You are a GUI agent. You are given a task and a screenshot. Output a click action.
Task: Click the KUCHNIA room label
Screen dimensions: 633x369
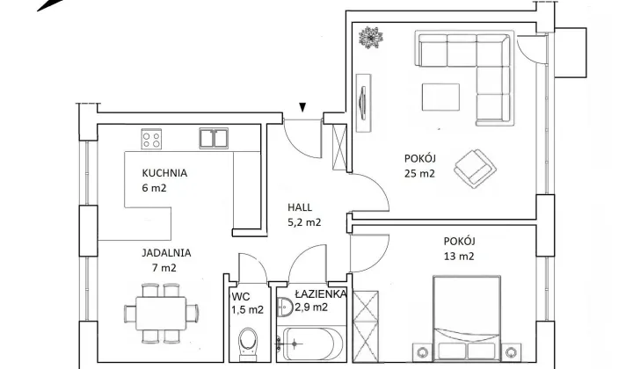pyautogui.click(x=164, y=173)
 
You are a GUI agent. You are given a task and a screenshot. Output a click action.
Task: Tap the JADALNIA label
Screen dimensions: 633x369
pyautogui.click(x=166, y=253)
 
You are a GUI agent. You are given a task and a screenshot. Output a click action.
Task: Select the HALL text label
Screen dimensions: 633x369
pyautogui.click(x=300, y=207)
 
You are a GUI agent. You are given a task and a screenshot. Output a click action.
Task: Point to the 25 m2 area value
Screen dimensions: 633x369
pyautogui.click(x=419, y=173)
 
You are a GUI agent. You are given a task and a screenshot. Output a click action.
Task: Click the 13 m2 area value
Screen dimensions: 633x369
pyautogui.click(x=459, y=256)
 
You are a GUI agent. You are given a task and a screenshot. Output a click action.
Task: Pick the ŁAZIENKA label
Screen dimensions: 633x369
pyautogui.click(x=321, y=293)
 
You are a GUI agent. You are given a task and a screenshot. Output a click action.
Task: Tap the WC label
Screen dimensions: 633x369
pyautogui.click(x=241, y=297)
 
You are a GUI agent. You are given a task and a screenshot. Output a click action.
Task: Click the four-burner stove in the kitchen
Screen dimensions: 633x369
pyautogui.click(x=151, y=139)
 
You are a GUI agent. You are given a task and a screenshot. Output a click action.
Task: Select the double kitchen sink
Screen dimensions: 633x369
pyautogui.click(x=214, y=138)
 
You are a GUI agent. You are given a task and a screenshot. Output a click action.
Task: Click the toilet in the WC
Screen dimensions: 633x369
pyautogui.click(x=248, y=344)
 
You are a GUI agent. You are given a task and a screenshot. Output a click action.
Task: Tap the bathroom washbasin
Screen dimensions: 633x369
pyautogui.click(x=285, y=307)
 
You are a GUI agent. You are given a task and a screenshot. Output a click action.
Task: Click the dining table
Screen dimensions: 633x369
pyautogui.click(x=161, y=314)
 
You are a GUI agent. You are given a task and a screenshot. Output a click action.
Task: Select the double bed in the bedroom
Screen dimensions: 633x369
pyautogui.click(x=467, y=318)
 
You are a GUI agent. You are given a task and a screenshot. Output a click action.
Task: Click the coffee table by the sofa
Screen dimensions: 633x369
pyautogui.click(x=440, y=97)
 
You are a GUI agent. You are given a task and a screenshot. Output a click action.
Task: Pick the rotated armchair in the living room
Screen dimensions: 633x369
pyautogui.click(x=475, y=169)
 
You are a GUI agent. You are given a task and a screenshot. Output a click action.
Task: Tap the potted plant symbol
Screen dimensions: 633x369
pyautogui.click(x=371, y=38)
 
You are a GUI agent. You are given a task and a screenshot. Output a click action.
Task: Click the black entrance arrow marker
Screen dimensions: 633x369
pyautogui.click(x=302, y=107)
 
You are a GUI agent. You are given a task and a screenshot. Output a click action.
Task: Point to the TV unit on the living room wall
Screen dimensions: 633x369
pyautogui.click(x=364, y=104)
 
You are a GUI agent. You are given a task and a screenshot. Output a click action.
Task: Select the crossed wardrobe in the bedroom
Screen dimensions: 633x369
pyautogui.click(x=366, y=326)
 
